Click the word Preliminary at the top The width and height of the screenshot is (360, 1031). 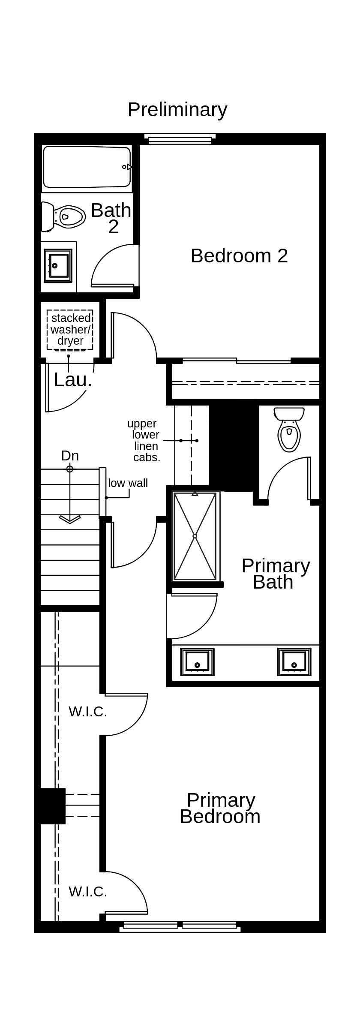click(177, 110)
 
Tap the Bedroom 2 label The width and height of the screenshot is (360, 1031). click(239, 256)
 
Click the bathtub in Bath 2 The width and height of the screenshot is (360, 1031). click(87, 167)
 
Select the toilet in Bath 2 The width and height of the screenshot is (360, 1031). click(64, 217)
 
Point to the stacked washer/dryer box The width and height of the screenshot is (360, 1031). click(70, 329)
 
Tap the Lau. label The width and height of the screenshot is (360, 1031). click(73, 380)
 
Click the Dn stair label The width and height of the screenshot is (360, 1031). click(70, 455)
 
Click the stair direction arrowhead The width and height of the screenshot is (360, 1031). click(70, 519)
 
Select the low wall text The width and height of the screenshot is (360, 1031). click(128, 483)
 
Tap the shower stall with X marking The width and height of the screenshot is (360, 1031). click(195, 536)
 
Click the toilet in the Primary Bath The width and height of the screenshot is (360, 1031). click(289, 431)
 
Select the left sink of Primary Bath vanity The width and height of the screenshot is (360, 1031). click(197, 662)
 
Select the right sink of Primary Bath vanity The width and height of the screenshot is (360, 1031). click(294, 662)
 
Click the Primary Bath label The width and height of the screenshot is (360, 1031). click(275, 574)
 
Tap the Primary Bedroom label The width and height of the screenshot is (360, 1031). click(220, 808)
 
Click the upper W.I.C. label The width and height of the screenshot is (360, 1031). click(88, 712)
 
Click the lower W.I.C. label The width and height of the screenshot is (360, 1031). click(88, 892)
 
